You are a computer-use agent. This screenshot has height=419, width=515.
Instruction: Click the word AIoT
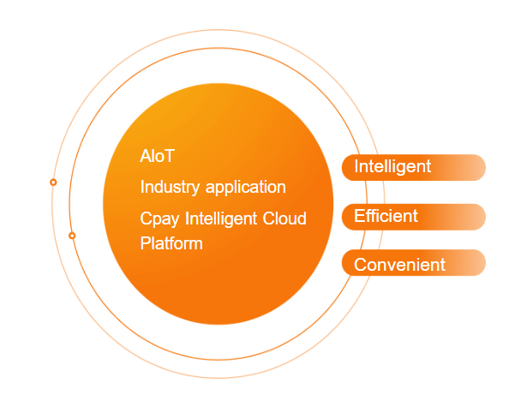click(x=157, y=156)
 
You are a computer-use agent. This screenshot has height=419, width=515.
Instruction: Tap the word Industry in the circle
click(x=170, y=188)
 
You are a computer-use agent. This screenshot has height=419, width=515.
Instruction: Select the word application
click(x=246, y=188)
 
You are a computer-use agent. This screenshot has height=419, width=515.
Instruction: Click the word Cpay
click(x=159, y=219)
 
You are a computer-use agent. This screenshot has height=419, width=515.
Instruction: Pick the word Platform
click(x=171, y=243)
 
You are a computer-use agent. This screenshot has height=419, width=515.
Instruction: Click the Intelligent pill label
click(x=414, y=167)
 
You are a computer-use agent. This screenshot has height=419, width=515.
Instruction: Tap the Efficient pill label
click(x=414, y=217)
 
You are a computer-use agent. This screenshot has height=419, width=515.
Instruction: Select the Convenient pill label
click(x=414, y=263)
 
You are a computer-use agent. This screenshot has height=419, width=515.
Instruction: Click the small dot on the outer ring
click(x=53, y=183)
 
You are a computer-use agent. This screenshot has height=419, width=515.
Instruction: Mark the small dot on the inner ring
click(x=72, y=236)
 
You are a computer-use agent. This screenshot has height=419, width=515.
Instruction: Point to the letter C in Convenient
click(x=361, y=265)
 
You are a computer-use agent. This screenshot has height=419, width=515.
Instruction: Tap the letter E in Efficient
click(x=359, y=216)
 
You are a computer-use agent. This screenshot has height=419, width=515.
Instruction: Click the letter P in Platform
click(x=145, y=243)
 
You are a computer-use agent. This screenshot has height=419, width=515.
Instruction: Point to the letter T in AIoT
click(x=170, y=156)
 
